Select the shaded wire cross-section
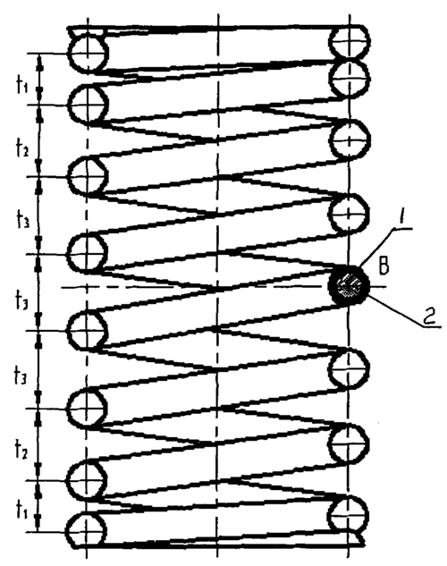349,285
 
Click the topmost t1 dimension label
22,86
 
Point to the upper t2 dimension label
22,148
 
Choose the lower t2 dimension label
21,451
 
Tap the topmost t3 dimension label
22,219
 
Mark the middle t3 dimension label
21,301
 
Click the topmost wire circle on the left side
88,54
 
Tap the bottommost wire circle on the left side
87,531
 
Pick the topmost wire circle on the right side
349,42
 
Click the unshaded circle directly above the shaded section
349,214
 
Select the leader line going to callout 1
378,248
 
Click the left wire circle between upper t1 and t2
88,105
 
